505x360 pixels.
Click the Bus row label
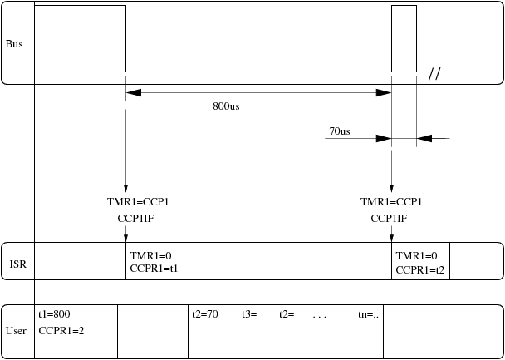click(15, 43)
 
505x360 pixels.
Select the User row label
click(16, 330)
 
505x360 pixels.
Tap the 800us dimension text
click(227, 106)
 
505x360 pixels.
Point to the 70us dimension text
click(340, 131)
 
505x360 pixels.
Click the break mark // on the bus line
click(434, 74)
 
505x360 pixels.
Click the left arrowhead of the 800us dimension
click(134, 92)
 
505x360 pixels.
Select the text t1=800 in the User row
click(54, 314)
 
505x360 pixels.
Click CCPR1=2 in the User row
click(61, 330)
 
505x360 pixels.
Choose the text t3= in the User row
click(250, 314)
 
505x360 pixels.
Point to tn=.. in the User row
click(368, 314)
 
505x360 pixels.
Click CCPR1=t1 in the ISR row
click(154, 269)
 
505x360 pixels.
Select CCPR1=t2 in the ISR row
click(421, 269)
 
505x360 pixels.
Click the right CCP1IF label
click(389, 218)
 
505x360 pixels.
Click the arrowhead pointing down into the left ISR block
click(125, 238)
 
